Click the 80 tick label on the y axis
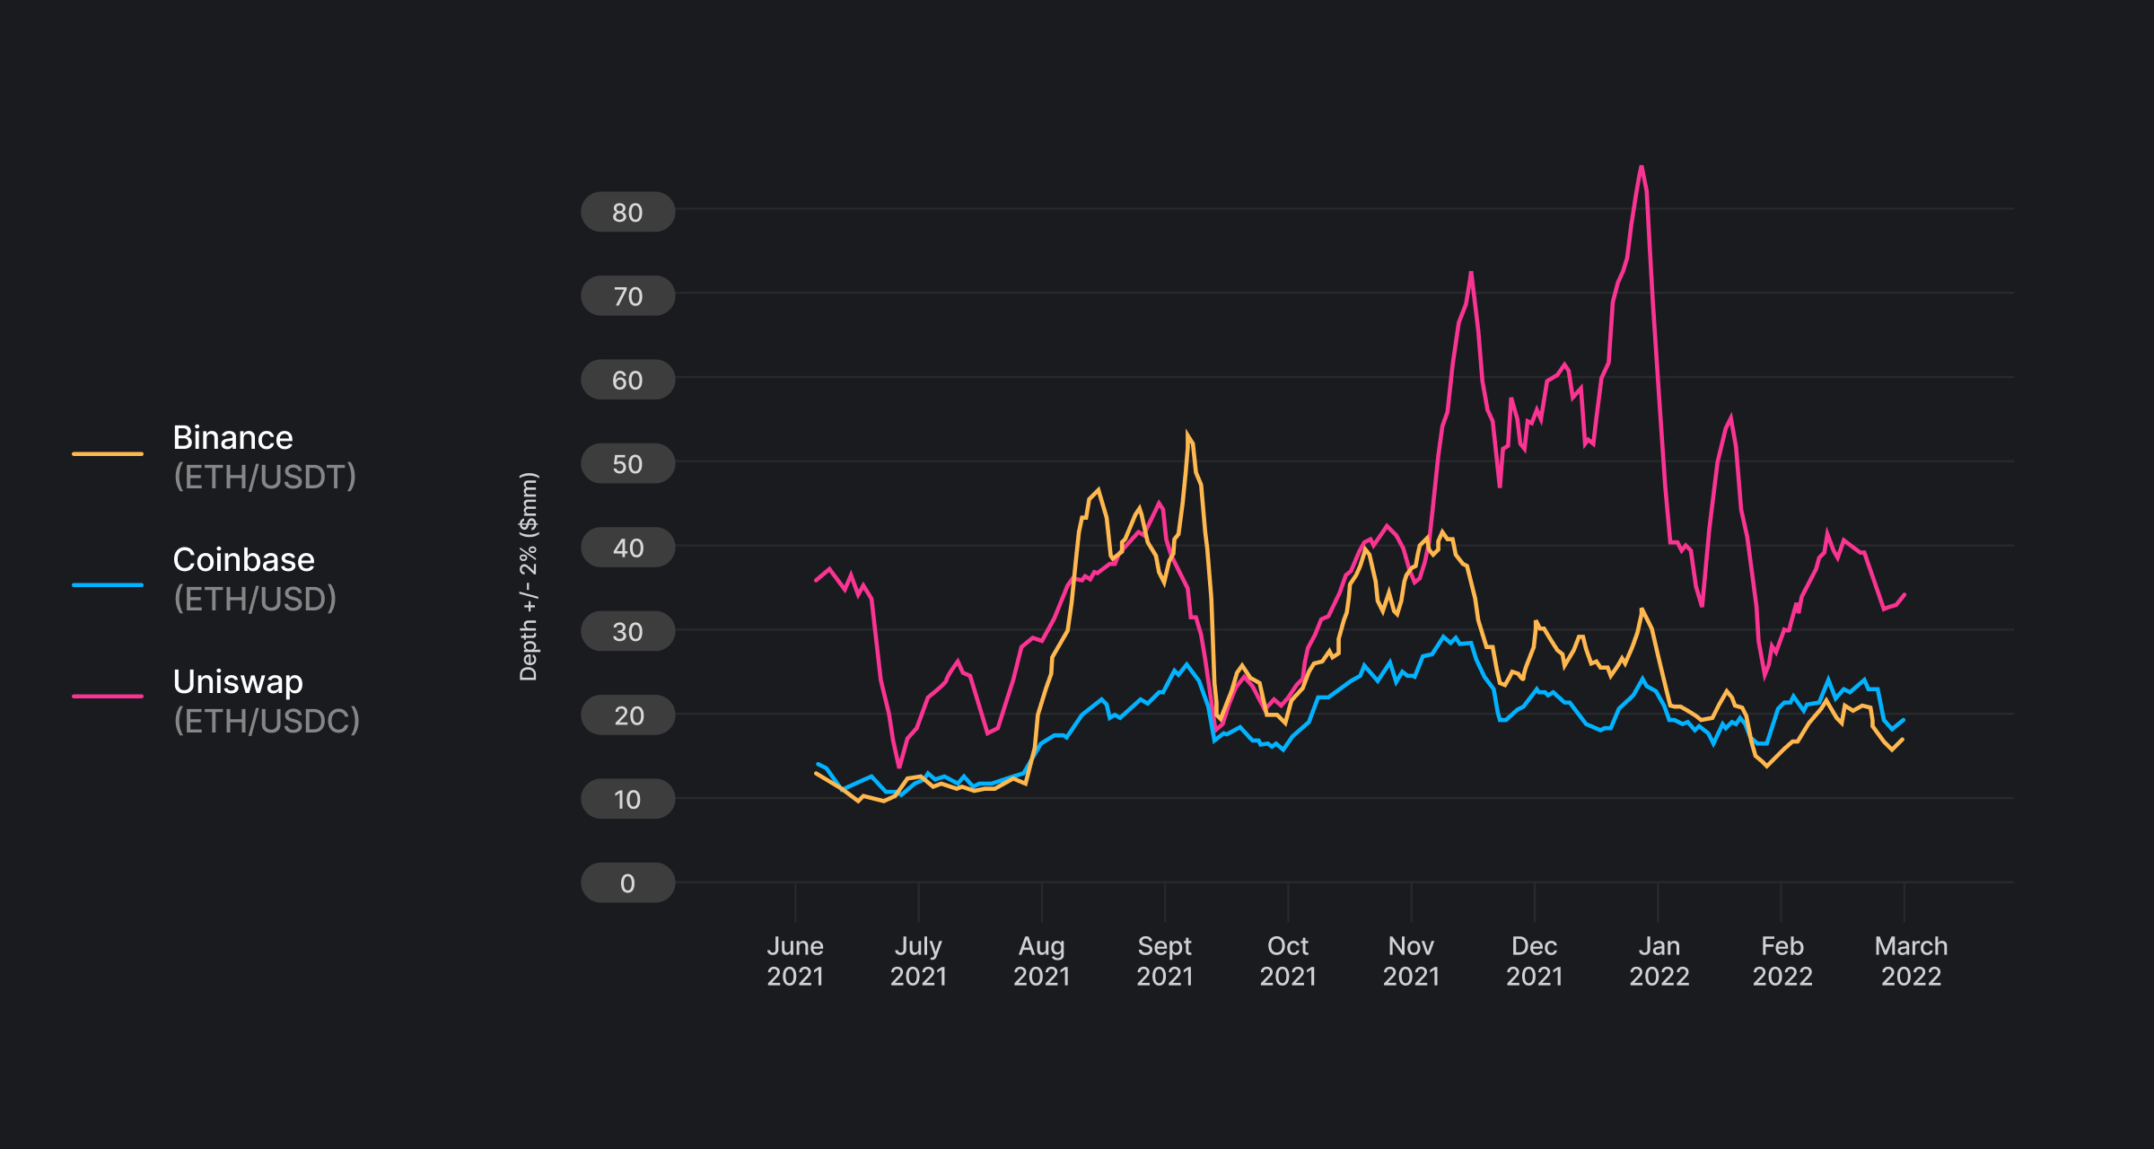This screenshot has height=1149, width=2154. (627, 213)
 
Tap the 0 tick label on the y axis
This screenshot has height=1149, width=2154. (627, 883)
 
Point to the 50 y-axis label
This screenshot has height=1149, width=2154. (627, 464)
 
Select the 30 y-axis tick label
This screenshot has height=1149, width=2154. (627, 632)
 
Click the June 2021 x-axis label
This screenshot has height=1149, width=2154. (794, 960)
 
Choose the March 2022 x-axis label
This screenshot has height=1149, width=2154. (1911, 960)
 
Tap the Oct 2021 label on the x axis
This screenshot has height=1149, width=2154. (1287, 960)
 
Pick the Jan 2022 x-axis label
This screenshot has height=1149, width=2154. (1659, 960)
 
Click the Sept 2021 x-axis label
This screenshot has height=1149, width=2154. (1164, 960)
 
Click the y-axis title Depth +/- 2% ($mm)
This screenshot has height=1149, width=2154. (529, 576)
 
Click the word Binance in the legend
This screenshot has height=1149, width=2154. (232, 438)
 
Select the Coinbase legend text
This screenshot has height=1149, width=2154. (243, 560)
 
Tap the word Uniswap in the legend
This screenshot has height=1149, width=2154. (238, 682)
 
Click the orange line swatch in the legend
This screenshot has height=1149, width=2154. (108, 454)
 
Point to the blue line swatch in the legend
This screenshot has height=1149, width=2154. (108, 585)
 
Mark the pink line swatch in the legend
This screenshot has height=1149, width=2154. (108, 696)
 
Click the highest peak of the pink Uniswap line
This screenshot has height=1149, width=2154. (1642, 167)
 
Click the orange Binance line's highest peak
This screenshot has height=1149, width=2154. (1187, 434)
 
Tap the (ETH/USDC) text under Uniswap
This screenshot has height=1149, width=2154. (267, 721)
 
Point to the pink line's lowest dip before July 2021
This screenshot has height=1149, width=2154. (899, 766)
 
